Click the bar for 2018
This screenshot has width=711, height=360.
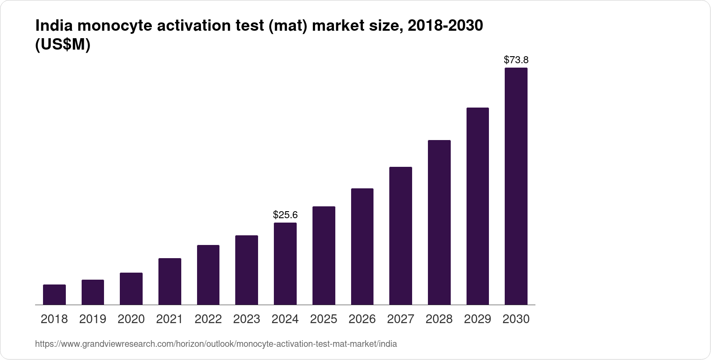coord(54,295)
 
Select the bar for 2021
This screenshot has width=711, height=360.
coord(170,281)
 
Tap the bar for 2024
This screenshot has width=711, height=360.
coord(285,263)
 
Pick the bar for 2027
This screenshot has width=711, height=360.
coord(401,236)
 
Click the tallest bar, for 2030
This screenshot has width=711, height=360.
coord(516,186)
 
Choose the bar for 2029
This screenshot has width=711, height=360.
coord(478,206)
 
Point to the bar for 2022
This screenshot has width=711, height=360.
coord(208,275)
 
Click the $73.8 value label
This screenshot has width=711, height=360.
coord(516,60)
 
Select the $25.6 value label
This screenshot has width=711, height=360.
coord(285,215)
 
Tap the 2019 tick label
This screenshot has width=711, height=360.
coord(93,319)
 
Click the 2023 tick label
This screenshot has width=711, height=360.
coord(247,319)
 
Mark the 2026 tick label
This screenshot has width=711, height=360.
coord(362,319)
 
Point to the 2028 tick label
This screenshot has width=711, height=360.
coord(439,319)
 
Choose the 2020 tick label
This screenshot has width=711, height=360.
coord(131,319)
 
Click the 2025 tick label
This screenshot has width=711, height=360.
coord(323,319)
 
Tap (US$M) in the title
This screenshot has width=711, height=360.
coord(62,45)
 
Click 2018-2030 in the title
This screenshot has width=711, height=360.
coord(445,26)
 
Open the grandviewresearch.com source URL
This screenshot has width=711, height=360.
coord(216,344)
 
